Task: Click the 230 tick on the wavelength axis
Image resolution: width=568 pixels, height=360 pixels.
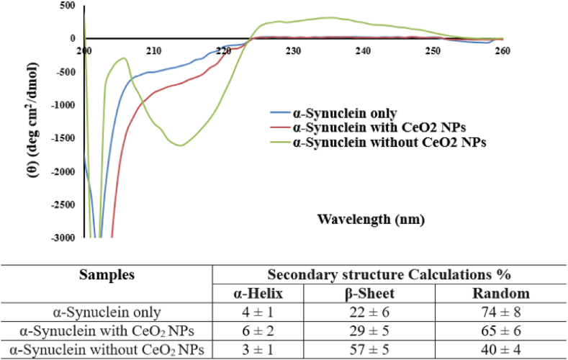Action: pos(292,51)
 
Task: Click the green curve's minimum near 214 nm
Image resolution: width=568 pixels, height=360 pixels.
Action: pos(180,145)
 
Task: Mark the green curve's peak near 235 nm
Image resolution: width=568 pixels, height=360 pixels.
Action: pos(328,17)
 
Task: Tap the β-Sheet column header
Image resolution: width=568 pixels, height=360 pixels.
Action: pos(368,294)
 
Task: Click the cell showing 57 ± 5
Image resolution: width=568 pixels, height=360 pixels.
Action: pos(368,349)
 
